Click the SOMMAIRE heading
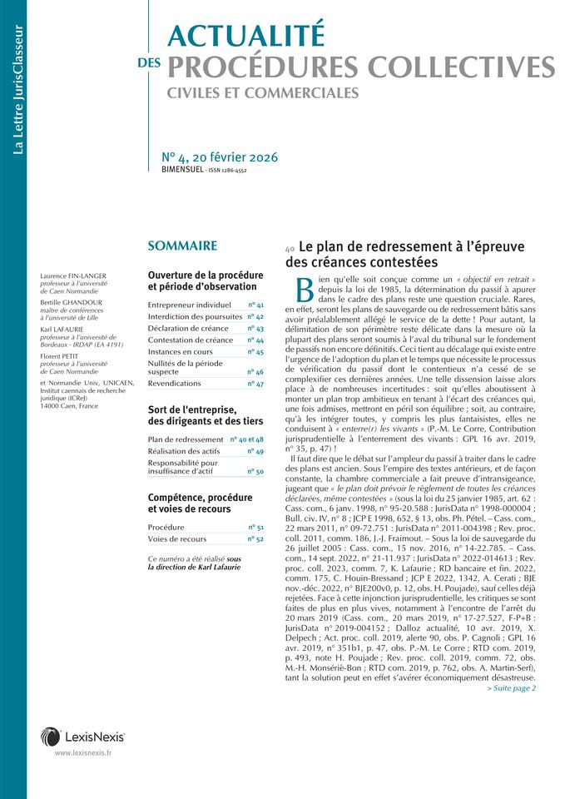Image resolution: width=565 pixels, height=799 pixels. click(182, 246)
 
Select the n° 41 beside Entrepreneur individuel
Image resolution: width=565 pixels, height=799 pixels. click(255, 305)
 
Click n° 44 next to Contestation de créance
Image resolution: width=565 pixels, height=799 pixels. click(255, 340)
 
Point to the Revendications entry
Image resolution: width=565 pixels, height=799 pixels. click(174, 384)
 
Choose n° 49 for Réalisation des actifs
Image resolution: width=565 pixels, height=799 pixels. click(255, 451)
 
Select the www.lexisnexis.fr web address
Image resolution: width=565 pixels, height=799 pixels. click(83, 753)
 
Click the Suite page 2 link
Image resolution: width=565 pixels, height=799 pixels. click(511, 688)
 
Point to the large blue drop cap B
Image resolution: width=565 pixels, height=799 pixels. click(305, 287)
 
